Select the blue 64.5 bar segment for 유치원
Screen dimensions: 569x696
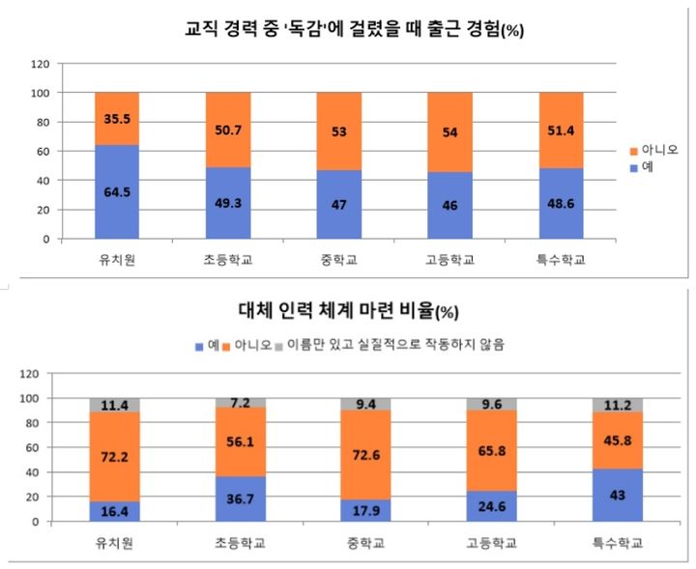[x=117, y=191]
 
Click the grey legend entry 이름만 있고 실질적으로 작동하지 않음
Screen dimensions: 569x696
[x=391, y=343]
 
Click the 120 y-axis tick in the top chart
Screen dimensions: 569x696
[x=41, y=64]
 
